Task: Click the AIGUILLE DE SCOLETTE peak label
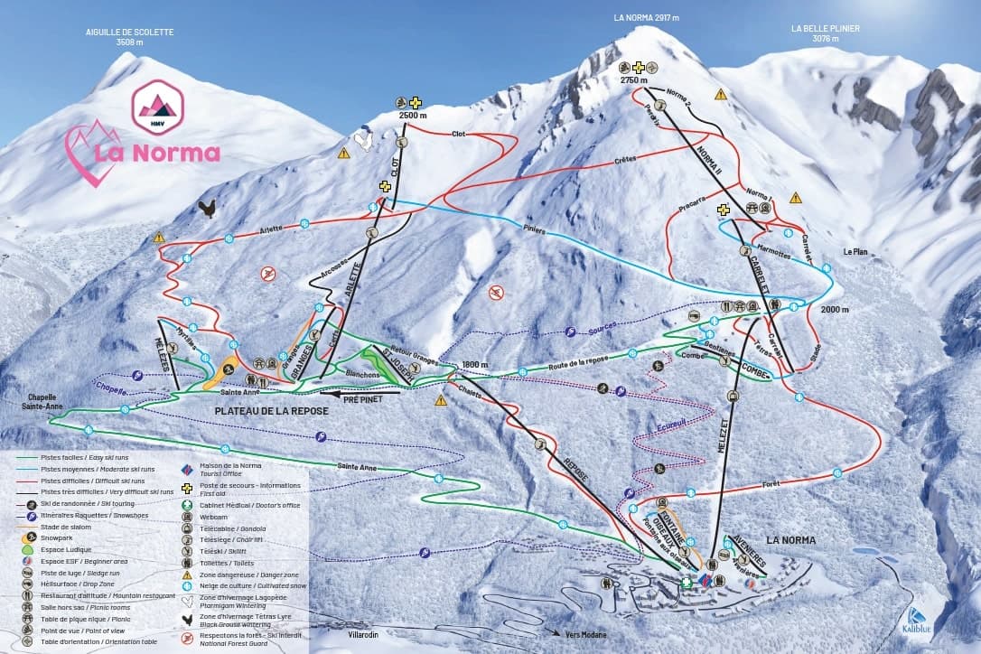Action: point(129,37)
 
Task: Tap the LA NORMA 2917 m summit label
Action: point(646,17)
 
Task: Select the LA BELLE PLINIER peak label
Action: point(825,33)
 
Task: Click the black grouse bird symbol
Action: point(208,210)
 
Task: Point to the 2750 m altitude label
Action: point(634,80)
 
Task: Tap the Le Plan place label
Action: point(855,252)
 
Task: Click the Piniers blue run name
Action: point(534,229)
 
